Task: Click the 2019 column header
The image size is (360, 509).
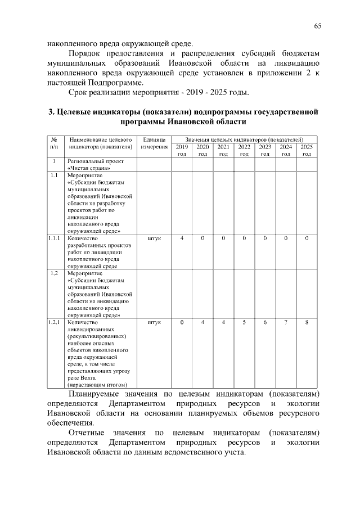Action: coord(182,150)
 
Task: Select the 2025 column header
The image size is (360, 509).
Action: coord(307,150)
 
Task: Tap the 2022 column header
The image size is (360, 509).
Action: coord(244,150)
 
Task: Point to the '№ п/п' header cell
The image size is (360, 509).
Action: coord(54,143)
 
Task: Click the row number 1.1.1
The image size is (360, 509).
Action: coord(54,238)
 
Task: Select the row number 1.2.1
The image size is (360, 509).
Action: coord(54,322)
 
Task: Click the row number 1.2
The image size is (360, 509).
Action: coord(54,273)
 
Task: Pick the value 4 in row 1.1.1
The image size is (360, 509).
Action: coord(182,238)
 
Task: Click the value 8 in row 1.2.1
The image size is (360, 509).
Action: coord(307,322)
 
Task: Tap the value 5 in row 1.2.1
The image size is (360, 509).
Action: coord(244,322)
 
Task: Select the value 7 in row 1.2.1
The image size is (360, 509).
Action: coord(286,322)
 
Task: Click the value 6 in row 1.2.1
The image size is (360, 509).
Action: coord(265,322)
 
